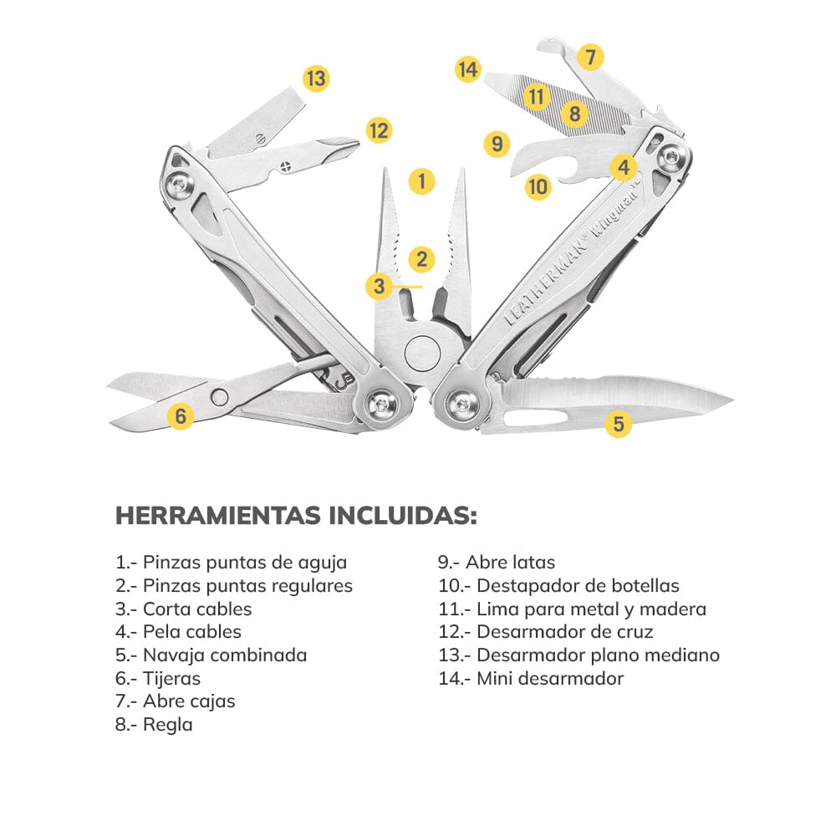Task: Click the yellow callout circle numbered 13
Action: point(315,79)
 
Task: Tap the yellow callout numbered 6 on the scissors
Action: point(181,415)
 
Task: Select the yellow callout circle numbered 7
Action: point(590,57)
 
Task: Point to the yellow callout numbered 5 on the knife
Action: point(618,424)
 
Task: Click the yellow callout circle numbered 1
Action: point(422,181)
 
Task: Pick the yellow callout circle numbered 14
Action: point(468,69)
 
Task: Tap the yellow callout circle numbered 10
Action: point(538,186)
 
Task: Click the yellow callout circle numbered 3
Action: point(380,287)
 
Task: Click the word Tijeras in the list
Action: point(171,678)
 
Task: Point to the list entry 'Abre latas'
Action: point(509,563)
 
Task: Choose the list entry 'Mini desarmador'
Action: point(549,678)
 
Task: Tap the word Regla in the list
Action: point(167,724)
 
